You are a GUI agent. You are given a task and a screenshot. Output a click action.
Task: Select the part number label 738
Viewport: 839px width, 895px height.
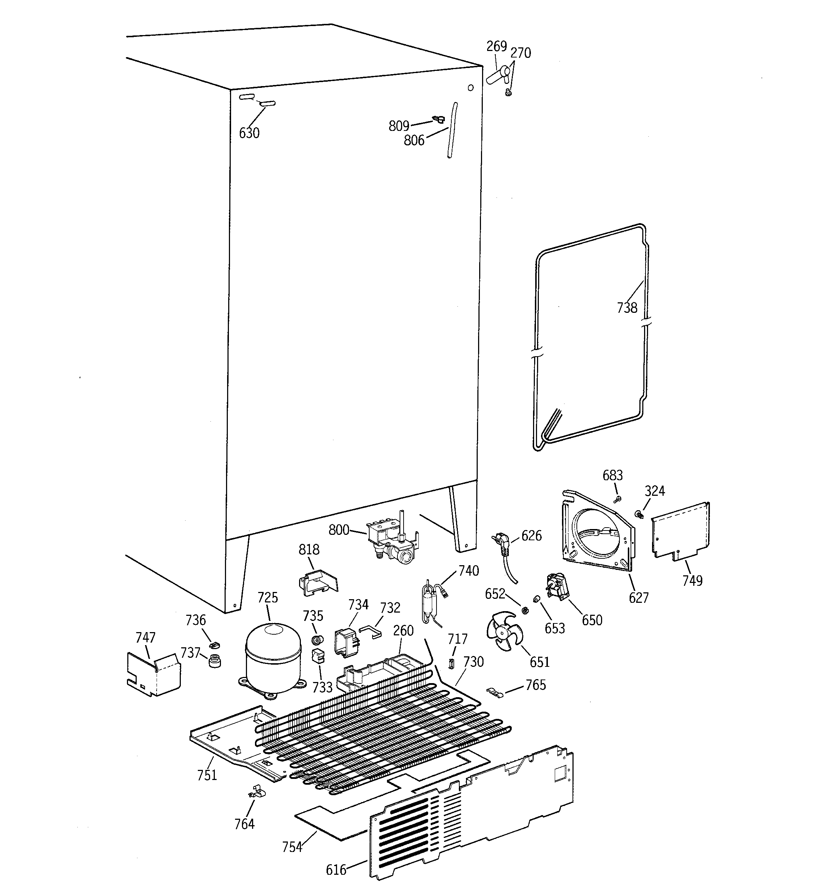[627, 308]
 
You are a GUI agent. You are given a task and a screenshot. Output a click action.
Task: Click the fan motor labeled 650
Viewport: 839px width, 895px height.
[557, 587]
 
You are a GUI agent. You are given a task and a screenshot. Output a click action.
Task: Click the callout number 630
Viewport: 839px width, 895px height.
[249, 133]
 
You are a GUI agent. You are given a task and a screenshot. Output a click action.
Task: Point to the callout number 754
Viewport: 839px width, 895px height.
[292, 847]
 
